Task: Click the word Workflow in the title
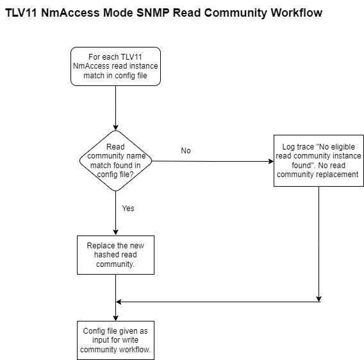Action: (297, 13)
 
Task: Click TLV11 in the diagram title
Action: (21, 13)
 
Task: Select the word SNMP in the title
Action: (153, 13)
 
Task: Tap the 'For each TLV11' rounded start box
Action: (115, 67)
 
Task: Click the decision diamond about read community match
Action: (115, 160)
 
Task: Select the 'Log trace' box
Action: (318, 160)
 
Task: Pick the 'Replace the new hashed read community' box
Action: (115, 255)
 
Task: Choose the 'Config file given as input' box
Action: (115, 340)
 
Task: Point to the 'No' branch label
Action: (186, 151)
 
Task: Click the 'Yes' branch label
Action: (128, 209)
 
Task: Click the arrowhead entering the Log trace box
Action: (271, 161)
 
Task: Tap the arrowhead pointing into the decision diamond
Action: (115, 128)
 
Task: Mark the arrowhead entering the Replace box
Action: (115, 232)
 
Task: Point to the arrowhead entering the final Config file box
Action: (115, 318)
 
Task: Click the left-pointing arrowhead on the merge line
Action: (119, 302)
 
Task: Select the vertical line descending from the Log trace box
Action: (318, 244)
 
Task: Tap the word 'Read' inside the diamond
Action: (115, 147)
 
